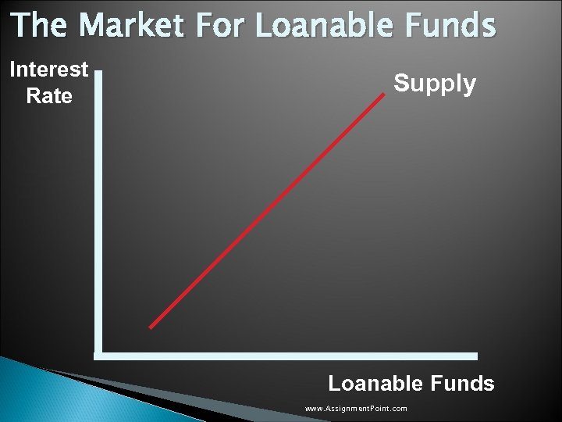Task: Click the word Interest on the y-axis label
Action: click(48, 70)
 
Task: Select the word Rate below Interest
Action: click(48, 96)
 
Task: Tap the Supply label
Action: click(435, 83)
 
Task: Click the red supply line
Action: click(268, 211)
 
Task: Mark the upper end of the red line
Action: click(385, 94)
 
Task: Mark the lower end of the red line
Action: click(151, 327)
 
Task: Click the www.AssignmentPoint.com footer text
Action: click(356, 409)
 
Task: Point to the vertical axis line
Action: click(98, 211)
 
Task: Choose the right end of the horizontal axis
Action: click(475, 356)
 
